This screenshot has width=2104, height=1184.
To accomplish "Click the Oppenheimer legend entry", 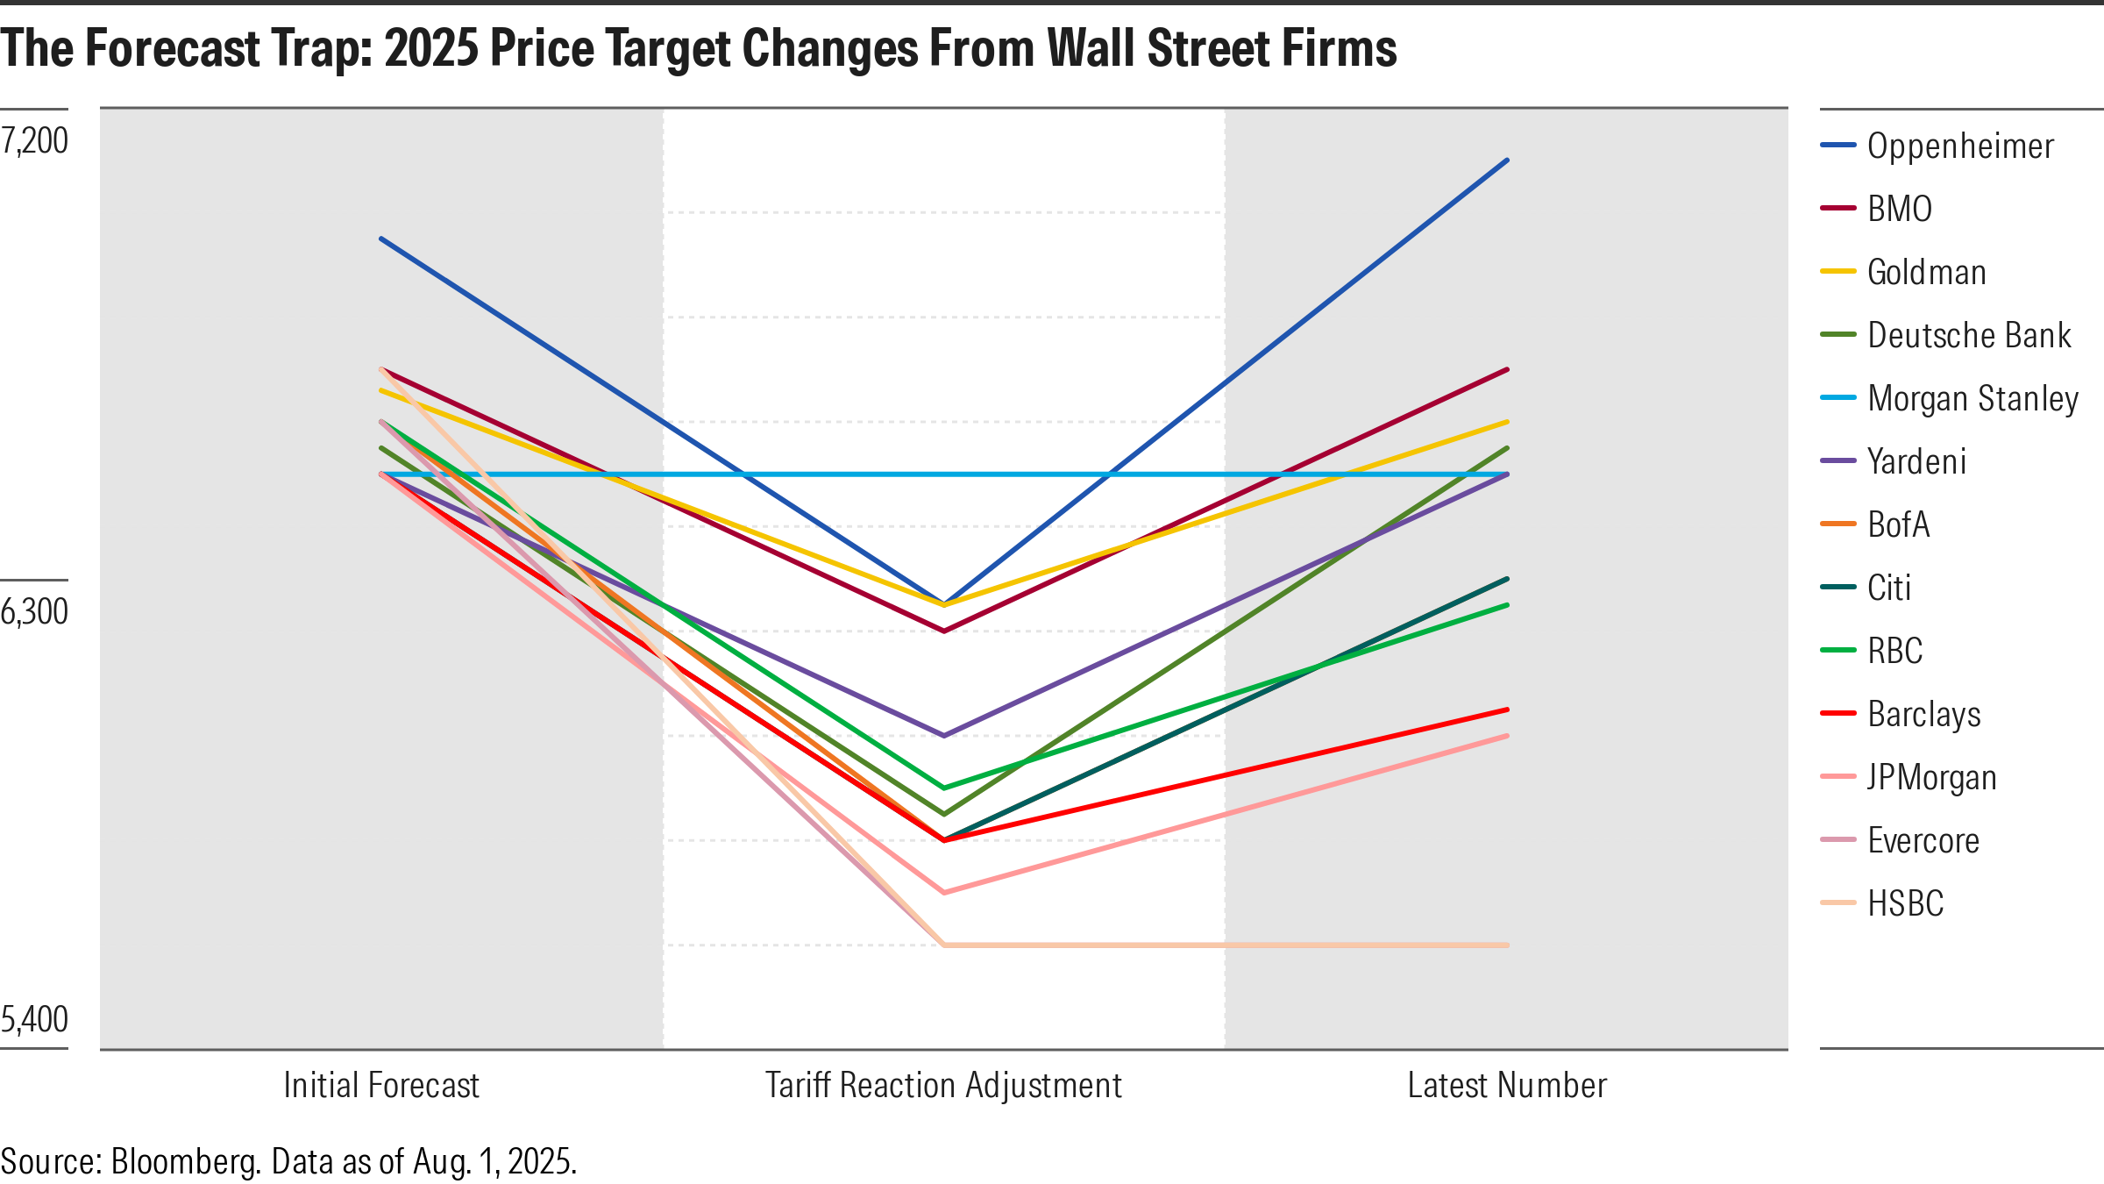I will pyautogui.click(x=1959, y=146).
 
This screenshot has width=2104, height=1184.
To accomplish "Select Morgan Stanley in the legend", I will pyautogui.click(x=1972, y=398).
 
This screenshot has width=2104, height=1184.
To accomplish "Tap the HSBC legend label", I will pyautogui.click(x=1905, y=903).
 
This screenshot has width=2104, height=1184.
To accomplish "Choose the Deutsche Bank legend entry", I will pyautogui.click(x=1968, y=335).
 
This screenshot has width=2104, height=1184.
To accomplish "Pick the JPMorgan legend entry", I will pyautogui.click(x=1931, y=777).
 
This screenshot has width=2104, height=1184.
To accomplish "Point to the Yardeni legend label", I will pyautogui.click(x=1916, y=461).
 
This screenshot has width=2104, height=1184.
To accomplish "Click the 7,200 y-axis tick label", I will pyautogui.click(x=35, y=140).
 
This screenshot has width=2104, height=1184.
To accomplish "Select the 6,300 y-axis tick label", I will pyautogui.click(x=35, y=611).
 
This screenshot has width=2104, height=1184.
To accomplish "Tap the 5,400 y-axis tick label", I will pyautogui.click(x=35, y=1019).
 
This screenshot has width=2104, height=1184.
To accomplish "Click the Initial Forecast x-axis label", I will pyautogui.click(x=381, y=1086).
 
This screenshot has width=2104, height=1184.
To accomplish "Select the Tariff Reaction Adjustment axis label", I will pyautogui.click(x=943, y=1086).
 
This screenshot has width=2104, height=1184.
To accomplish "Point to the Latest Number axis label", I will pyautogui.click(x=1507, y=1086).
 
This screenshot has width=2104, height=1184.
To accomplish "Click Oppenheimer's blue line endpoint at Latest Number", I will pyautogui.click(x=1507, y=160).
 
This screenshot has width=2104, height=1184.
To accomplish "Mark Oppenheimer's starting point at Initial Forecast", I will pyautogui.click(x=381, y=239).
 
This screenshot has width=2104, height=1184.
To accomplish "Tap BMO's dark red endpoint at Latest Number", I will pyautogui.click(x=1507, y=370).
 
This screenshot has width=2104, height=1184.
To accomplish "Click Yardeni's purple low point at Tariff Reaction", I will pyautogui.click(x=944, y=735).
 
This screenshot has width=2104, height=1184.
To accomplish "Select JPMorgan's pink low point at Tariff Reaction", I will pyautogui.click(x=944, y=892).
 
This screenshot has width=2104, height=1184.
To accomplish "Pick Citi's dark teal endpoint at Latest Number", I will pyautogui.click(x=1507, y=579).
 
